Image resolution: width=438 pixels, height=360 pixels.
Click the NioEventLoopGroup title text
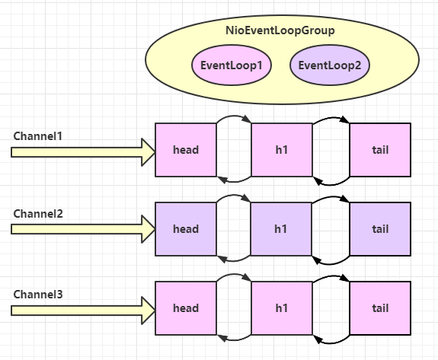[281, 30]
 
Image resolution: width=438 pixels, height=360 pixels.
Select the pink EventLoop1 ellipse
[232, 65]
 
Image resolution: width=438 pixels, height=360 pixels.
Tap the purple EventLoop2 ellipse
[330, 65]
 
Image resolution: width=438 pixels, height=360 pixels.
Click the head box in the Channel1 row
[185, 150]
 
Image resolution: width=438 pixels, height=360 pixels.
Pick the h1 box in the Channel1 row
[281, 150]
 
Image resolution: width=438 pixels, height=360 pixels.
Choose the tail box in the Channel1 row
[379, 150]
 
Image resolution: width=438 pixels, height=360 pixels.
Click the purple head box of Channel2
[185, 229]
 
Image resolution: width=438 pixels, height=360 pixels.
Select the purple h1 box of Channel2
[281, 229]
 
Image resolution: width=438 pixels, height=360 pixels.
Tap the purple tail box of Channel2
[379, 229]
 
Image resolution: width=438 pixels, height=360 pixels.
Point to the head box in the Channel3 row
[185, 308]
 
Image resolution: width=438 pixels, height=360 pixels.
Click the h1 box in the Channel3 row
[281, 308]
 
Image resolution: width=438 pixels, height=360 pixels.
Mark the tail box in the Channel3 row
[379, 308]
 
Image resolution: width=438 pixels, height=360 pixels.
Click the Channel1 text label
[37, 135]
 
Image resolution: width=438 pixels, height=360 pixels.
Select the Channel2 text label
[37, 215]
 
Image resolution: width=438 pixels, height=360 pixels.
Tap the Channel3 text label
[37, 294]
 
